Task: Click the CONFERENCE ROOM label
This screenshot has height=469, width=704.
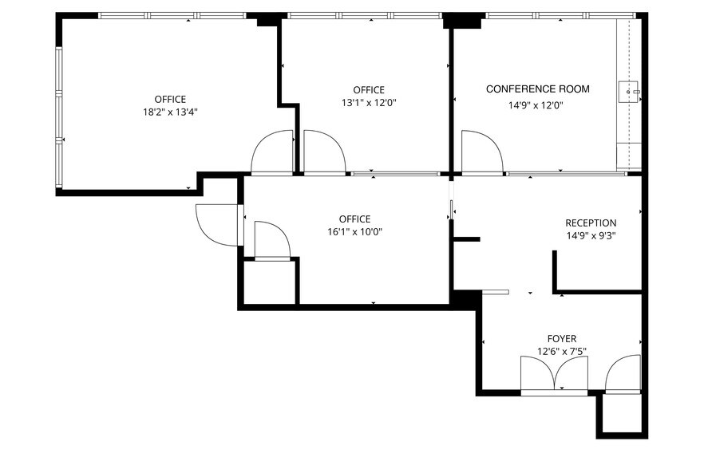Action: pos(537,89)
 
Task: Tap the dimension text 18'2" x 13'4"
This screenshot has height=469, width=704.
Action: pos(170,112)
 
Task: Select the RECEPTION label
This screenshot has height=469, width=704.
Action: pos(591,223)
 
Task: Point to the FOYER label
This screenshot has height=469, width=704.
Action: pos(561,338)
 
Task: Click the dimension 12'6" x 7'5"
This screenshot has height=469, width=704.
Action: pos(561,351)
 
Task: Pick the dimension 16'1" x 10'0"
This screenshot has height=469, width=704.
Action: pos(354,232)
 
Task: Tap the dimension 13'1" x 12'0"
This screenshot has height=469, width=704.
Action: pos(369,102)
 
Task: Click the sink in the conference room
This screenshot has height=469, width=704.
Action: pos(629,93)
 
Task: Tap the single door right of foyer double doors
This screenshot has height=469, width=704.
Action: pos(623,376)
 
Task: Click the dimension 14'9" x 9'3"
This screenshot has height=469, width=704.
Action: pos(591,235)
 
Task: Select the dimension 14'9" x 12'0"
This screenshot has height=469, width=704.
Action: pos(536,104)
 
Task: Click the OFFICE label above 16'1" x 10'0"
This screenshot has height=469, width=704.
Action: pos(354,219)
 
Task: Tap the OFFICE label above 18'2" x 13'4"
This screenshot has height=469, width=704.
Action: pos(170,100)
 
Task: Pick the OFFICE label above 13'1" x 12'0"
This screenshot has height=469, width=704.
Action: pos(369,90)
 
